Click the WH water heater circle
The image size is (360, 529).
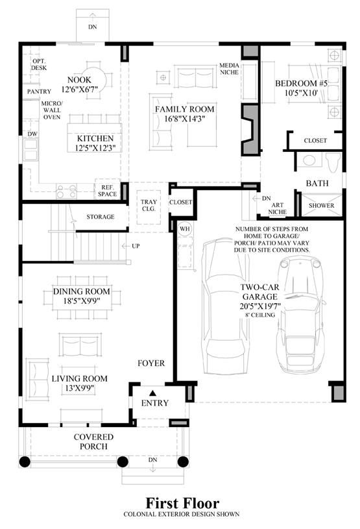(x=184, y=228)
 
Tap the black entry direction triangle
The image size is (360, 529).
(x=152, y=393)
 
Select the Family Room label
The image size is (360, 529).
(x=185, y=109)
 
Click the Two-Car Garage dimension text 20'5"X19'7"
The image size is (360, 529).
(x=260, y=306)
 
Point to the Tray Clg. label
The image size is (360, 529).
(x=149, y=205)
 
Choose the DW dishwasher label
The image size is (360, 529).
(x=32, y=134)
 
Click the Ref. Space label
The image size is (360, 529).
(x=108, y=191)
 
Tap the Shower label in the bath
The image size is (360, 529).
(x=321, y=206)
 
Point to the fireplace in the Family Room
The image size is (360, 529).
(x=250, y=130)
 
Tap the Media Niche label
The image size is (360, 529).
(x=229, y=69)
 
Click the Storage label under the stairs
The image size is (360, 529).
(x=101, y=217)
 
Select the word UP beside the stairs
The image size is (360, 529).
(x=136, y=246)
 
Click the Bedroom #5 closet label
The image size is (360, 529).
(x=315, y=140)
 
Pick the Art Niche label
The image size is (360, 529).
(x=278, y=208)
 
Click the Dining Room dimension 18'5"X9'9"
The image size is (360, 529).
(x=82, y=301)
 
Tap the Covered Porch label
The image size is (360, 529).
(x=93, y=441)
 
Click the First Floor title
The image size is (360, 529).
(x=182, y=503)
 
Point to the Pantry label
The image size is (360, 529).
(x=39, y=92)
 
